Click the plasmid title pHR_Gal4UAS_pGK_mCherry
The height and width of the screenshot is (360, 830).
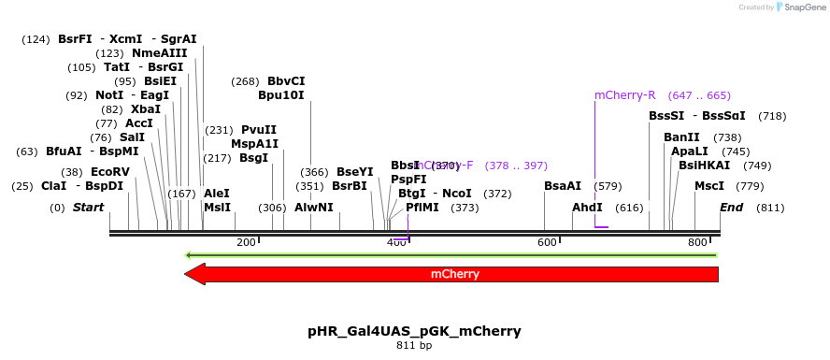tap(414, 331)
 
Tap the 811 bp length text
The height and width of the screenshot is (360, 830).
tap(414, 346)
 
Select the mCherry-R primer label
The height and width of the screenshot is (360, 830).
tap(625, 95)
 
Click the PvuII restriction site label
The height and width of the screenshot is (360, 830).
tap(259, 130)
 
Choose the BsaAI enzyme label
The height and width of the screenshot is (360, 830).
tap(563, 186)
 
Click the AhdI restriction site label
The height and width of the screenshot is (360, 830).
tap(587, 208)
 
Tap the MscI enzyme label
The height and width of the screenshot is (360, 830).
tap(709, 186)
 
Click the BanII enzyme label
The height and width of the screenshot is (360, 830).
tap(681, 137)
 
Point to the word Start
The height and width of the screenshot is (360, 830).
tap(88, 208)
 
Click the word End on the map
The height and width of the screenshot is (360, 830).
tap(732, 208)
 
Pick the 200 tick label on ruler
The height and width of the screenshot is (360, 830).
tap(246, 243)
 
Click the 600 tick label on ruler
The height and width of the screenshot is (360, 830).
tap(547, 243)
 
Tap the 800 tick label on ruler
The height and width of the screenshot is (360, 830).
tap(697, 243)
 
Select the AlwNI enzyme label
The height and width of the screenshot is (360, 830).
tap(314, 208)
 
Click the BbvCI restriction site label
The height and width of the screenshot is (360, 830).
tap(286, 81)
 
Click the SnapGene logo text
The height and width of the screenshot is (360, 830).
tap(804, 7)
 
